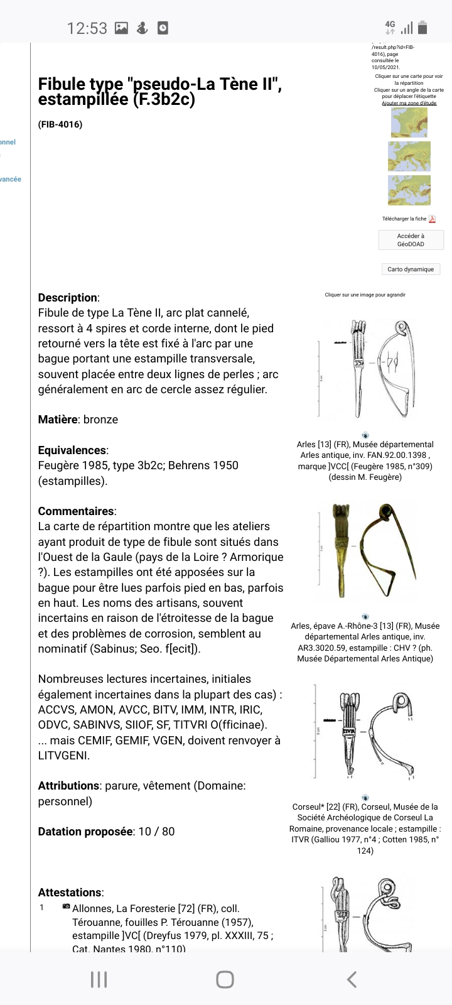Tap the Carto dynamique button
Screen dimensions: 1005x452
point(411,269)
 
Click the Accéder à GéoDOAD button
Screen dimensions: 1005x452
point(411,240)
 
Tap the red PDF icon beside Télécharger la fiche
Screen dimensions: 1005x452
point(432,219)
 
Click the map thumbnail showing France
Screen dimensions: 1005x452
point(409,122)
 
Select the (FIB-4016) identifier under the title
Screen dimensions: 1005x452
point(60,124)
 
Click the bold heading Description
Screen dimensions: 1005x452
point(68,298)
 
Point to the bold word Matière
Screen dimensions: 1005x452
point(58,420)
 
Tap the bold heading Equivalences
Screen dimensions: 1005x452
point(72,450)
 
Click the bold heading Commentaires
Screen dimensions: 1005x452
point(76,511)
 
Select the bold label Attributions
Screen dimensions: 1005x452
point(68,786)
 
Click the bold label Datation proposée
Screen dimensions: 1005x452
point(85,832)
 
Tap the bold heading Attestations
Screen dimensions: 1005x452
point(70,893)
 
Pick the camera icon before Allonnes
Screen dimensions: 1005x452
point(67,907)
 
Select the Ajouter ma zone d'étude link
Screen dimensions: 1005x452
point(409,103)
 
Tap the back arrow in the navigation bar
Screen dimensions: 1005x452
point(352,979)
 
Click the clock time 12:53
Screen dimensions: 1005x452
point(87,28)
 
